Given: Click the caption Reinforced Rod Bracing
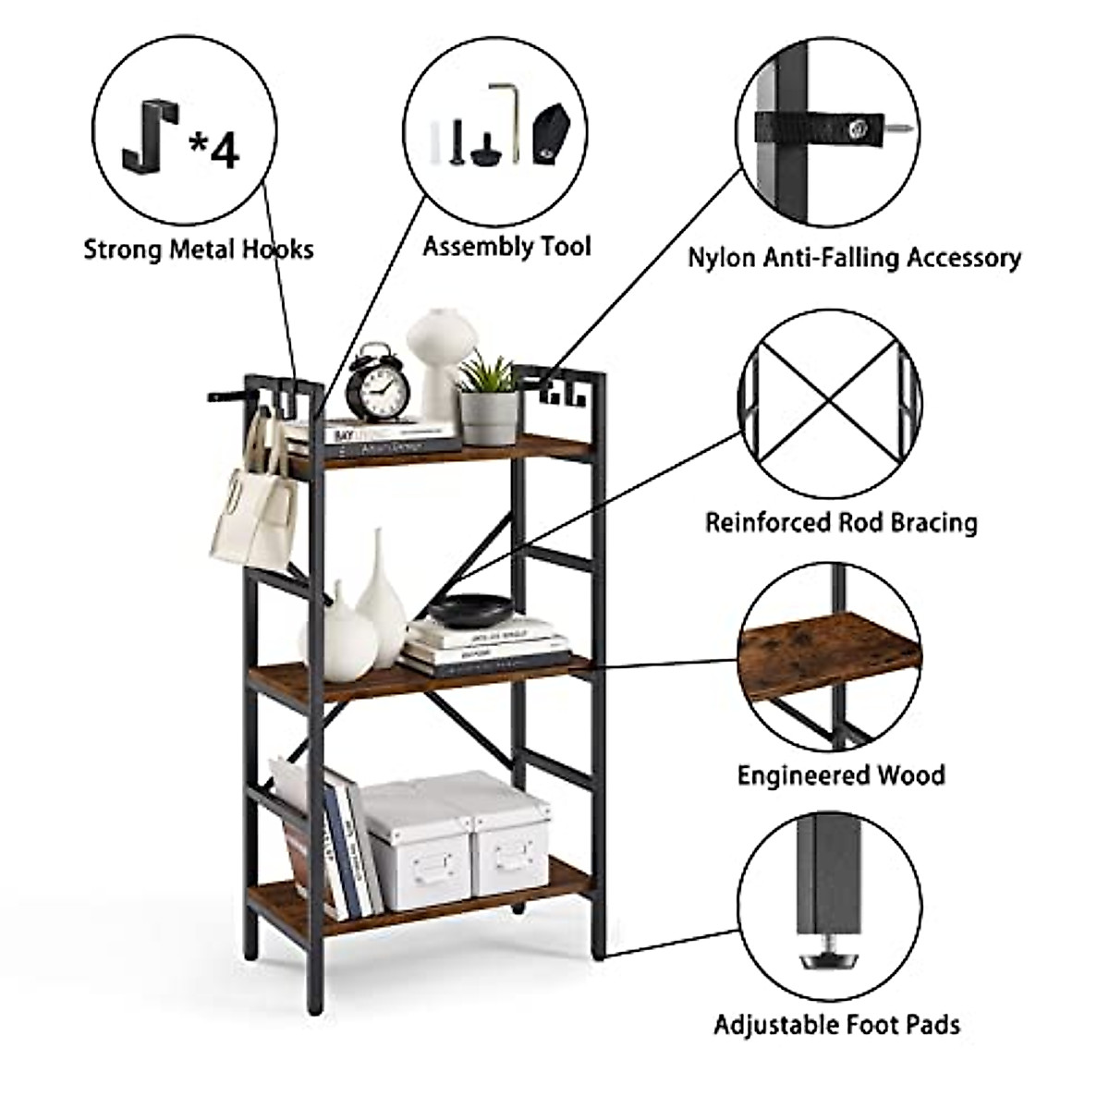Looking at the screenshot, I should tap(841, 522).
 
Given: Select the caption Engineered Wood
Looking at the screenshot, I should tap(841, 774).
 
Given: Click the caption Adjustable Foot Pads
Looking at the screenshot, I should tap(836, 1024).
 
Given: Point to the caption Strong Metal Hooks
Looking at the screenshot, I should tap(199, 249).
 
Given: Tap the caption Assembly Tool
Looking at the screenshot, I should tap(506, 247).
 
